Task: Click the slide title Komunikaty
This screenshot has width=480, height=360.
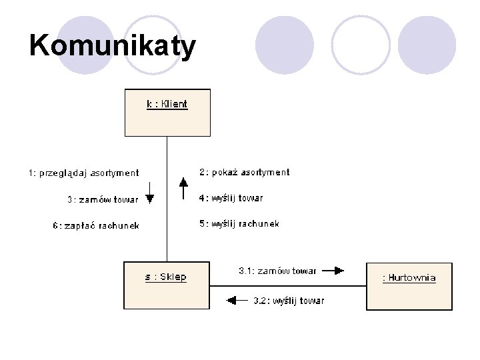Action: point(113,47)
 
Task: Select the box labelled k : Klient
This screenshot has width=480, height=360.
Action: point(167,112)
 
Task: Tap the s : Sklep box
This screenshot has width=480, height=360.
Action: point(167,285)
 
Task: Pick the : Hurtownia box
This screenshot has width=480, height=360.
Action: point(409,286)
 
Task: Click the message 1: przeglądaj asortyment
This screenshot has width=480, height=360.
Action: point(84,173)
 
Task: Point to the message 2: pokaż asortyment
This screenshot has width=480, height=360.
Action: point(245,172)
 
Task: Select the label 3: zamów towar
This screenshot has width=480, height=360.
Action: point(103,199)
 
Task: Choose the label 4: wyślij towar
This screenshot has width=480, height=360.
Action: point(231,198)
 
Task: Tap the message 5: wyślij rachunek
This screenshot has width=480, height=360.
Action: point(239,224)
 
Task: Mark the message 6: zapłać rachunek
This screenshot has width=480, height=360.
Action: point(96,226)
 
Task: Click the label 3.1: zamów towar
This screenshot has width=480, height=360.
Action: point(277,271)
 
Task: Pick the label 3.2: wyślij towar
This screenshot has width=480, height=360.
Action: point(289,301)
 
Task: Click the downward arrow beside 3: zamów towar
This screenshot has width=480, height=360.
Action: point(150,193)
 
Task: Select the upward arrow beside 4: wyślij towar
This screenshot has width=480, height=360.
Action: point(184,189)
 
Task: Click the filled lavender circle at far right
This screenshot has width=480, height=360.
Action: point(427,45)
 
